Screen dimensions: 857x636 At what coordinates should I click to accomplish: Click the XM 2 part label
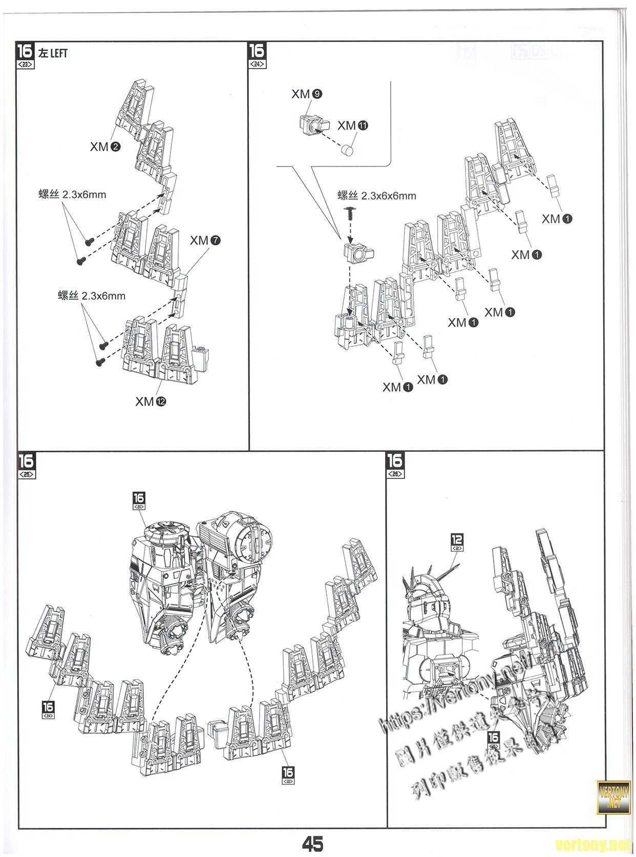point(105,147)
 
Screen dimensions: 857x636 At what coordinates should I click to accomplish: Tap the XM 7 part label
point(205,240)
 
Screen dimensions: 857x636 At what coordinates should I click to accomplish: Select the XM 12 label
point(151,402)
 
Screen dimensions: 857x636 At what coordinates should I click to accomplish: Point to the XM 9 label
point(307,94)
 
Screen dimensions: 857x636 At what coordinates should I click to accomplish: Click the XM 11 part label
point(353,126)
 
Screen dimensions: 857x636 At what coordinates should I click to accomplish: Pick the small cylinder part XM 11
point(348,150)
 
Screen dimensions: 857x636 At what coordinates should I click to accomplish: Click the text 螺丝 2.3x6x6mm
point(376,196)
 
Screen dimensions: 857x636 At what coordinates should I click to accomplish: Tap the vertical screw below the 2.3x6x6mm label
point(350,214)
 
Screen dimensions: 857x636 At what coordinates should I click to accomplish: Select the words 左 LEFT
point(53,53)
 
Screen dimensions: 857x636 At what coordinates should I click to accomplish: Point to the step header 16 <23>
point(26,56)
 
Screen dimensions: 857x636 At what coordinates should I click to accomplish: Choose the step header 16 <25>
point(26,465)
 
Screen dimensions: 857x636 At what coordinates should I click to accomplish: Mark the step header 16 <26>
point(395,465)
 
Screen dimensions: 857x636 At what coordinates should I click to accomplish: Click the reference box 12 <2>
point(457,542)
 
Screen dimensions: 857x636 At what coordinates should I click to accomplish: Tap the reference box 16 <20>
point(139,500)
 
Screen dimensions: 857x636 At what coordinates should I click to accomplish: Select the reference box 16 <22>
point(288,775)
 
